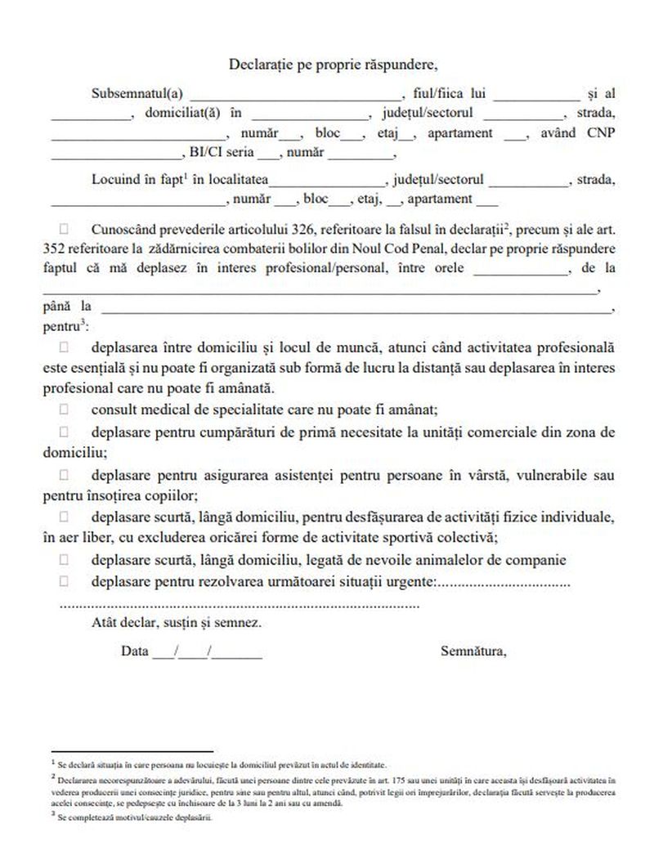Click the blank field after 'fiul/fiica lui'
(x=535, y=96)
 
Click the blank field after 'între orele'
(x=519, y=270)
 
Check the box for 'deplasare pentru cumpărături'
(x=65, y=431)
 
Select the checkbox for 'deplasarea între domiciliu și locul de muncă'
(x=65, y=347)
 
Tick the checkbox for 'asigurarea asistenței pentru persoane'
(x=65, y=474)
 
